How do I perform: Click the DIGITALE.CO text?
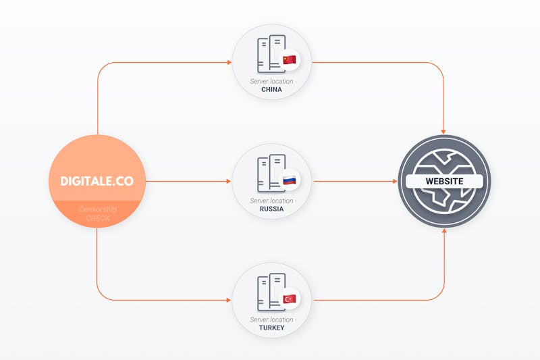pos(97,181)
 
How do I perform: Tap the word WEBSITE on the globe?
pos(444,181)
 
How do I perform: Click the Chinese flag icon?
pos(290,59)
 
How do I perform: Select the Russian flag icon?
pos(290,180)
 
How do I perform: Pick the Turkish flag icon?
pos(290,299)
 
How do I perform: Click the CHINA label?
pos(271,90)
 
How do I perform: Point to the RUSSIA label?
pos(271,209)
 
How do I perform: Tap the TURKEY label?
pos(271,328)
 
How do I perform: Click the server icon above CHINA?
pos(271,54)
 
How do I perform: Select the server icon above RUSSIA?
pos(271,174)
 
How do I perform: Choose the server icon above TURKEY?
pos(271,292)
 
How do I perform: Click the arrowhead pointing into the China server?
pos(229,62)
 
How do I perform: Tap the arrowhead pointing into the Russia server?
pos(228,181)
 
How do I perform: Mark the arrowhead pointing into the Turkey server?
pos(228,300)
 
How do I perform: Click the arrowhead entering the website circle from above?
pos(443,132)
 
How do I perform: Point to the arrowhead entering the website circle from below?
pos(444,231)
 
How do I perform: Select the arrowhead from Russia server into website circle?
pos(395,181)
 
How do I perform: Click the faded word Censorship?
pos(97,209)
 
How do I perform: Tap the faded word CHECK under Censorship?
pos(98,218)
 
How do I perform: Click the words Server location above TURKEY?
pos(271,319)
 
